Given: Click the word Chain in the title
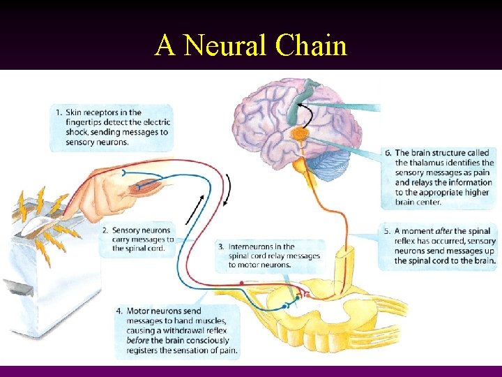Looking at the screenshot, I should click(x=311, y=46).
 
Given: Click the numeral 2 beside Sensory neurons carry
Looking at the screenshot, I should click(x=105, y=230).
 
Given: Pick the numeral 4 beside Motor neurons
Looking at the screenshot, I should click(x=119, y=311).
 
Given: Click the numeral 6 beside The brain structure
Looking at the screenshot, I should click(x=388, y=152).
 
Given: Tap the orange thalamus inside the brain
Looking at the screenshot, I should click(x=301, y=134).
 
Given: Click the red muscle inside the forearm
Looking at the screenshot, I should click(x=150, y=186).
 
